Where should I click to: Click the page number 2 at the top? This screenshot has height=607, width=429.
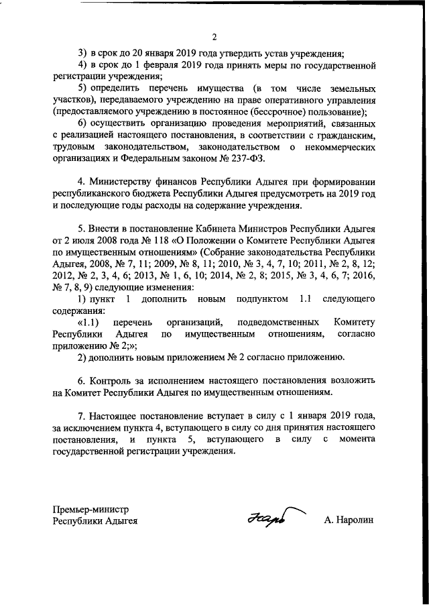click(x=214, y=36)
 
